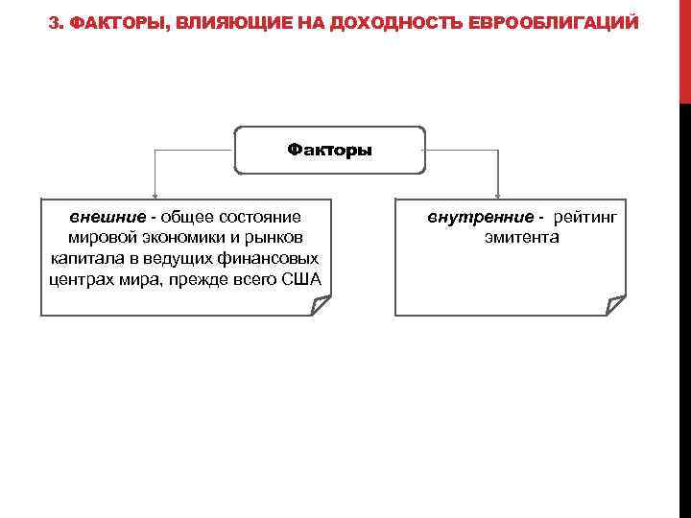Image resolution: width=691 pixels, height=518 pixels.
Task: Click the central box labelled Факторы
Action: tap(329, 150)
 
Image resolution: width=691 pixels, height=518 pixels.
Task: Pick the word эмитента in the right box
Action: tap(521, 237)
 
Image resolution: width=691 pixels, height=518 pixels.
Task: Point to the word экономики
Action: tap(172, 237)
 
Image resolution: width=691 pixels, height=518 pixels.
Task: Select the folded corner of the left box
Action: tap(321, 305)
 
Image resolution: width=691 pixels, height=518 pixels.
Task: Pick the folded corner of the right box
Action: tap(615, 305)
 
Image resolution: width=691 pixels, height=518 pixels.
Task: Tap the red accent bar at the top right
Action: tap(684, 48)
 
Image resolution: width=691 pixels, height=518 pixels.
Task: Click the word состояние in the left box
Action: tap(258, 216)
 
